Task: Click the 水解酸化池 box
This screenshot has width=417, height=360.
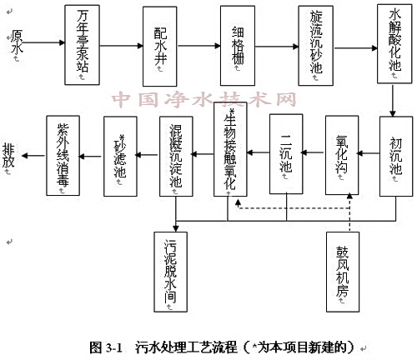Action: (x=393, y=43)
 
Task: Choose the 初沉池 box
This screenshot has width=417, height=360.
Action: (x=395, y=155)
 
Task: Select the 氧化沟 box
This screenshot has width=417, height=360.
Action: (x=341, y=155)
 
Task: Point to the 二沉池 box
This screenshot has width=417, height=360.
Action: (x=285, y=155)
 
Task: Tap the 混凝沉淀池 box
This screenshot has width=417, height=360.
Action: (x=175, y=155)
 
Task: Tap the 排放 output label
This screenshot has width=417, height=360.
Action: (x=9, y=155)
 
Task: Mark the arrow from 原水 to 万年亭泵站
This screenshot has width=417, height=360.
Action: (x=46, y=43)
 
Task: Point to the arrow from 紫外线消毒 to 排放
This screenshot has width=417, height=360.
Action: (x=33, y=155)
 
